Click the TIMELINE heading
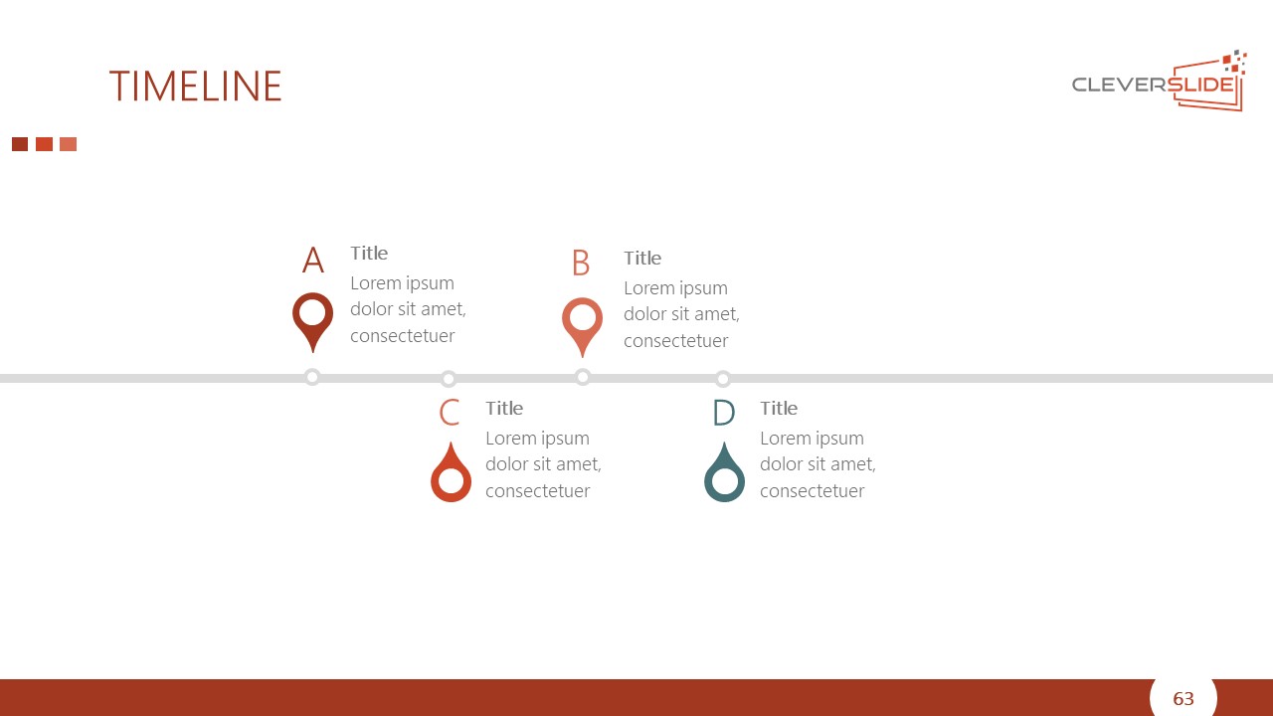tap(196, 87)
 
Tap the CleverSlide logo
tap(1160, 82)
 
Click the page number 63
tap(1183, 698)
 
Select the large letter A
tap(313, 260)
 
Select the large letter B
tap(581, 263)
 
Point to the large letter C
tap(450, 412)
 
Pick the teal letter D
tap(724, 412)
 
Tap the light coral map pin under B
tap(582, 324)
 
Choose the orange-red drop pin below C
tap(451, 493)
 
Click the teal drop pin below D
tap(724, 493)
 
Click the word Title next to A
tap(369, 253)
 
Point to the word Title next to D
tap(779, 408)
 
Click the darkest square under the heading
tap(20, 144)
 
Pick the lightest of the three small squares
tap(69, 144)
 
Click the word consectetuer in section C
tap(538, 491)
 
